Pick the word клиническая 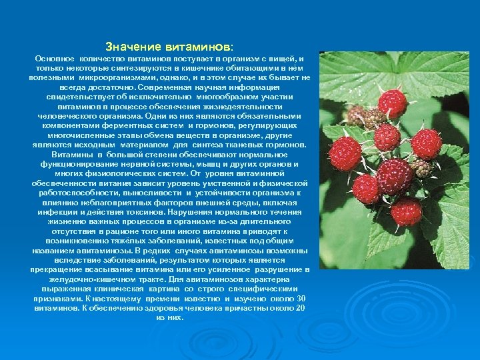[x=129, y=289]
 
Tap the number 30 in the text [x=301, y=298]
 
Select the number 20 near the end [x=300, y=308]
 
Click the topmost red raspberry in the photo [x=392, y=103]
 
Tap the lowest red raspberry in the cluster [x=406, y=213]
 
